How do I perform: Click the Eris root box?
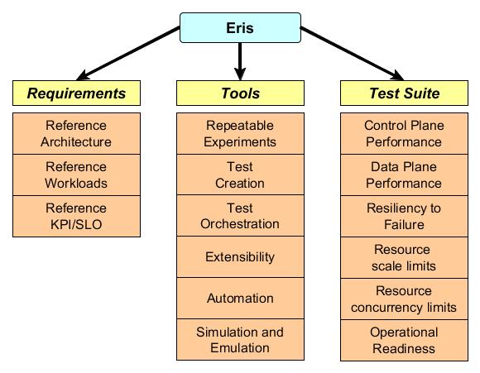point(240,27)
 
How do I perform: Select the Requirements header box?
point(76,93)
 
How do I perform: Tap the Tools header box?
point(240,93)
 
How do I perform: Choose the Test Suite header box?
point(404,93)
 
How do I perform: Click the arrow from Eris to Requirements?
point(128,54)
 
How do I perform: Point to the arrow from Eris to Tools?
point(240,61)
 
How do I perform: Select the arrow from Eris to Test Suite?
point(352,54)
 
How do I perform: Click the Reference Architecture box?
point(76,133)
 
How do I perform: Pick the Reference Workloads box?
point(76,175)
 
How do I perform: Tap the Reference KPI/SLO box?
point(76,216)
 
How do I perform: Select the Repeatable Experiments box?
point(240,133)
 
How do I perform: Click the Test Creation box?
point(240,175)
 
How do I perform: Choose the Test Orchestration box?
point(240,215)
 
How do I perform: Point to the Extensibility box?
point(240,256)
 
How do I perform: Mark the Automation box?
point(240,298)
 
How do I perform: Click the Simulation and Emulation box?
point(240,339)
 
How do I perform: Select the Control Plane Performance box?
point(404,133)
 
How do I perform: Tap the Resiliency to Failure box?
point(404,216)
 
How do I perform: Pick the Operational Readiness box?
point(404,340)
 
